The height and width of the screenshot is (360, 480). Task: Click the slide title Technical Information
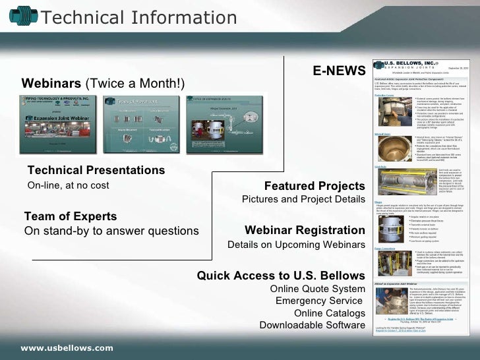tap(138, 18)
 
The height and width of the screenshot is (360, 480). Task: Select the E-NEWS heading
tap(338, 69)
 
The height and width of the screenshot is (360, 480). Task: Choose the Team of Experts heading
tap(70, 216)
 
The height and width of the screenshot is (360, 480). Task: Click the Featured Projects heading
tap(314, 185)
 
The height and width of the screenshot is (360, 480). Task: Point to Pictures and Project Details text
tap(303, 199)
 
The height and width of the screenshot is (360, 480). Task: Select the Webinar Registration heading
tap(304, 230)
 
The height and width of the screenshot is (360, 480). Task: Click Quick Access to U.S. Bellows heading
tap(280, 275)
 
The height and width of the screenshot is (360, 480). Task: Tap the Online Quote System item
tap(317, 289)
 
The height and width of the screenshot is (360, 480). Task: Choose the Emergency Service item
tap(319, 301)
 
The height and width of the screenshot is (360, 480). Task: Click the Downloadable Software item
tap(312, 325)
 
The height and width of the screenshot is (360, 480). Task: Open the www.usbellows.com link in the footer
tap(67, 347)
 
